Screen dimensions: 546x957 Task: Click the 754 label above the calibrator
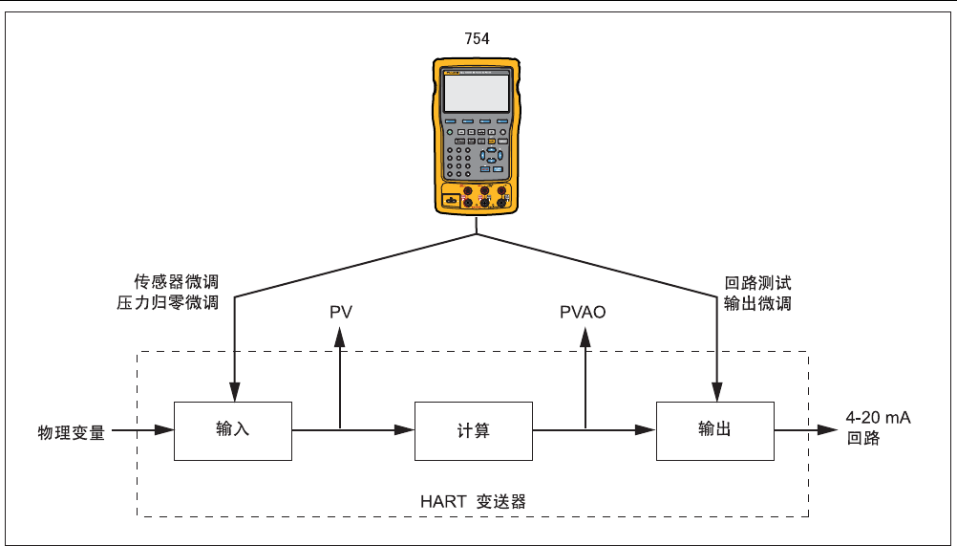click(x=476, y=39)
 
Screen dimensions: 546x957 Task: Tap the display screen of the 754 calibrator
click(x=476, y=93)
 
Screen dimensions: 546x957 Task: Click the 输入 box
click(x=233, y=430)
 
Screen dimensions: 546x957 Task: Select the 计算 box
click(x=474, y=430)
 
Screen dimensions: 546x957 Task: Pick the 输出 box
click(x=714, y=430)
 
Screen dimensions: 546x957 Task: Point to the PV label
click(x=340, y=313)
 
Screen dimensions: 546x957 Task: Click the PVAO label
click(x=583, y=313)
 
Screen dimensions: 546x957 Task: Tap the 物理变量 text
click(x=72, y=432)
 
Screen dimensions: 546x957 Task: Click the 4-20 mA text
click(x=878, y=417)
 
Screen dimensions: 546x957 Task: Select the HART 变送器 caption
click(x=473, y=501)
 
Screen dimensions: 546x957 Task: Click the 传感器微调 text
click(x=177, y=283)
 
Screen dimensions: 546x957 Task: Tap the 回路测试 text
click(x=758, y=283)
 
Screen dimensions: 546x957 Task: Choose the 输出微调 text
click(x=758, y=304)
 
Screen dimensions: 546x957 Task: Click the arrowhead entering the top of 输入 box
click(x=233, y=395)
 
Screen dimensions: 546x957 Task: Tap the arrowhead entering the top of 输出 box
click(x=716, y=395)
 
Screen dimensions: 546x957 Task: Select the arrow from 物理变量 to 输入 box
click(x=143, y=431)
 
